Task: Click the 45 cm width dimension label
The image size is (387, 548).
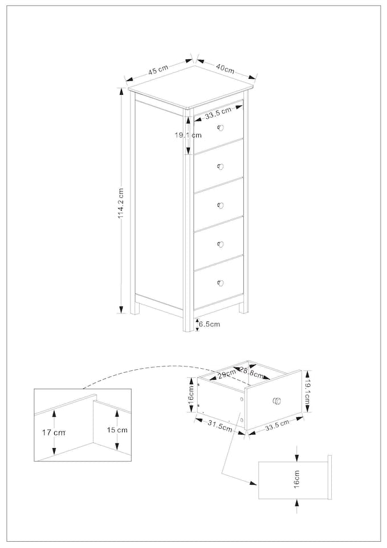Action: click(x=158, y=70)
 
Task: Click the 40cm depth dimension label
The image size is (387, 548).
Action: click(x=225, y=68)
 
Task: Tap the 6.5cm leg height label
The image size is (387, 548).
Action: click(x=209, y=324)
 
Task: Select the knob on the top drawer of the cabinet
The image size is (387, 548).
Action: click(x=221, y=127)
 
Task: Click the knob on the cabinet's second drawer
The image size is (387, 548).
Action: click(x=221, y=167)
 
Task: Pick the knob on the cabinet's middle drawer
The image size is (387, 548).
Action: click(x=221, y=205)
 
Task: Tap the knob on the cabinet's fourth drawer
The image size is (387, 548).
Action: click(x=221, y=244)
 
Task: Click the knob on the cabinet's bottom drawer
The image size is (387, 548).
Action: click(x=221, y=283)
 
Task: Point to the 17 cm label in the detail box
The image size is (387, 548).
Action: click(x=54, y=433)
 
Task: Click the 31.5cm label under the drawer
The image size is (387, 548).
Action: click(x=219, y=426)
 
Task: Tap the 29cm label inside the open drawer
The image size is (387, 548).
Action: click(x=226, y=374)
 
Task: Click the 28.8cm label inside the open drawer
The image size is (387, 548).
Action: click(x=251, y=374)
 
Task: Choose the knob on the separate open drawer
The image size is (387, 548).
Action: click(x=277, y=401)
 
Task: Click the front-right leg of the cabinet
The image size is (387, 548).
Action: click(x=243, y=307)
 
